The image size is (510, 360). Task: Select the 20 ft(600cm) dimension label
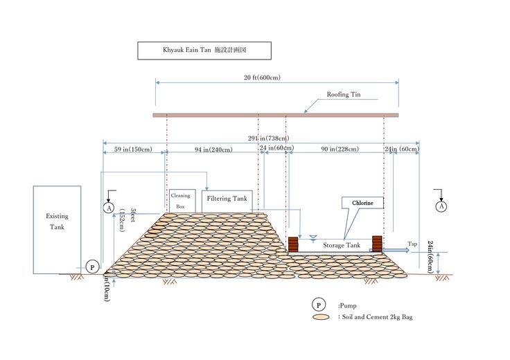(276, 78)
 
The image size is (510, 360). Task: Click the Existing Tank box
(57, 227)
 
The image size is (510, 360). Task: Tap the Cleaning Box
(180, 201)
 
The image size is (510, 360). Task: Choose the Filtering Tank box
(227, 199)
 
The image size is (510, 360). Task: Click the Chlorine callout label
(361, 203)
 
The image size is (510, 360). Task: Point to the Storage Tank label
(342, 245)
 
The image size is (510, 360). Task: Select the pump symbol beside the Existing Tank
(91, 267)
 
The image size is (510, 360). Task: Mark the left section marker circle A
(108, 206)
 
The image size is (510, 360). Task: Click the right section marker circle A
(441, 206)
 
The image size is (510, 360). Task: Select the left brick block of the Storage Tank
(292, 244)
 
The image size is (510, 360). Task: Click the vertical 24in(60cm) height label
(431, 257)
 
